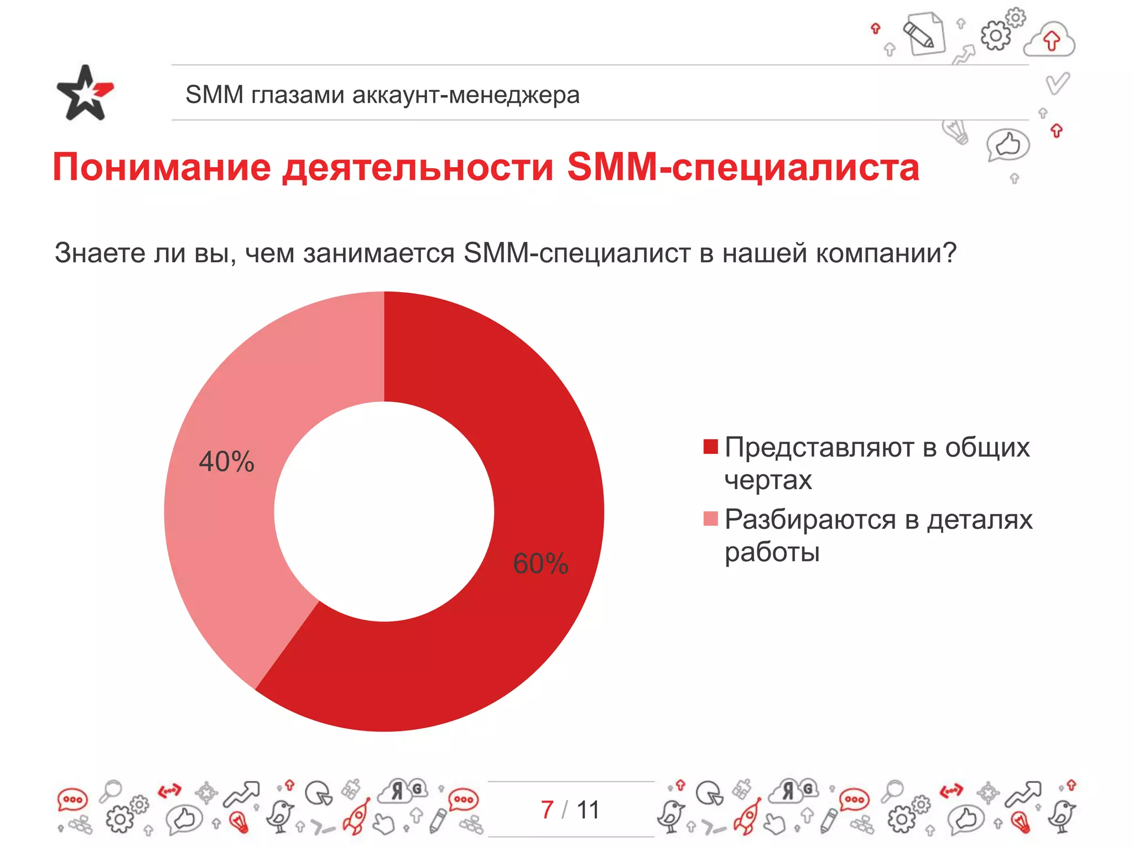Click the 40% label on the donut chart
click(x=226, y=462)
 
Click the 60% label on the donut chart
click(x=540, y=563)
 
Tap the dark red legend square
click(x=710, y=446)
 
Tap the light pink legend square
click(x=710, y=519)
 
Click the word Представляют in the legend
click(x=818, y=447)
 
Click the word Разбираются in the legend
click(x=810, y=520)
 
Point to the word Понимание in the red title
click(x=162, y=167)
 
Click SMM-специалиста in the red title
click(x=743, y=167)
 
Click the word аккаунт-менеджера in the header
click(x=466, y=95)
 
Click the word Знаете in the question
click(x=100, y=253)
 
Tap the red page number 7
click(x=547, y=810)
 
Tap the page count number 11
click(x=588, y=810)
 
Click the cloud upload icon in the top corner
click(x=1050, y=40)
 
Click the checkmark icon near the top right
click(x=1057, y=83)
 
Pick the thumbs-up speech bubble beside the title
click(x=1007, y=146)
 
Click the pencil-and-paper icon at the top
click(x=924, y=33)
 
